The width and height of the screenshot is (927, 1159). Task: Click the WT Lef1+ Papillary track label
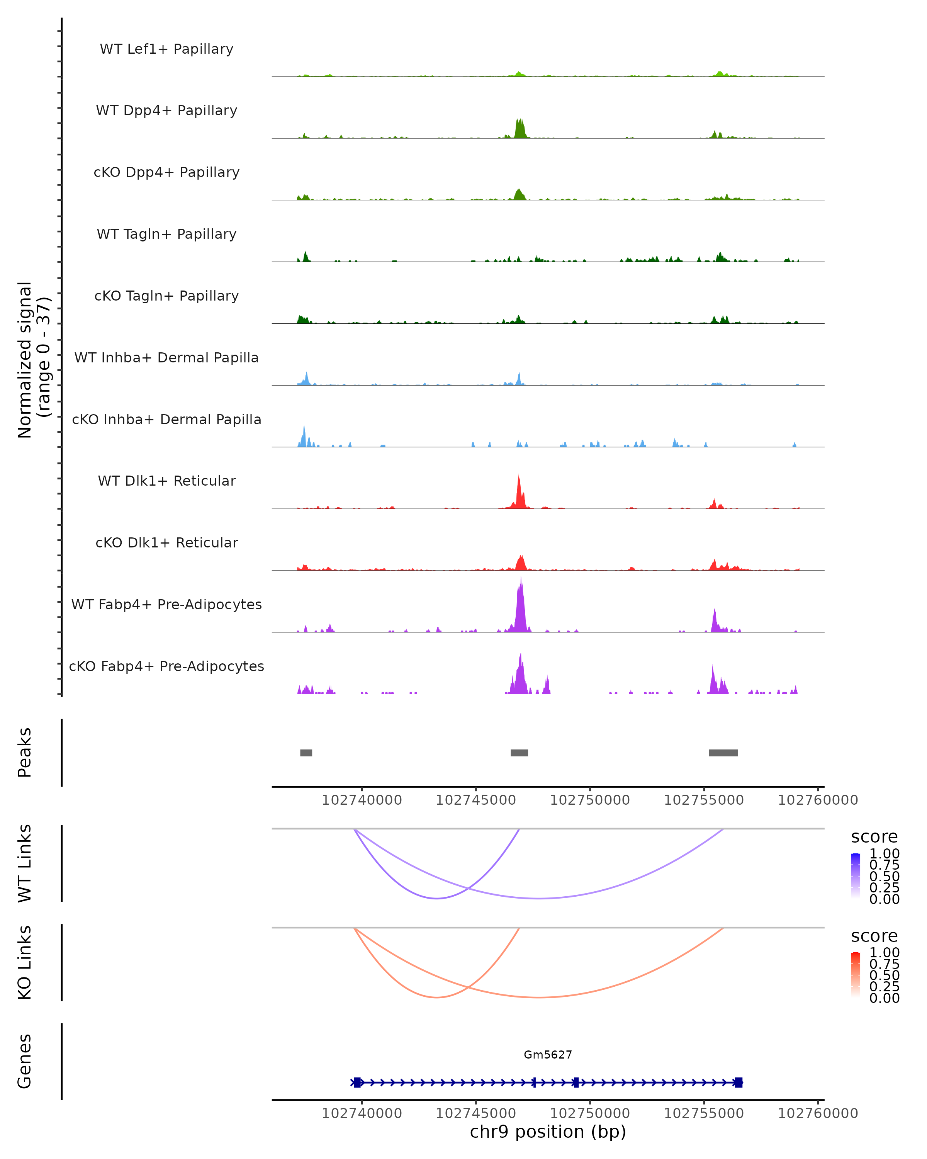click(x=166, y=49)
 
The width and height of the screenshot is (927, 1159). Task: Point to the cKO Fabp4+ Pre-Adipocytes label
click(x=166, y=666)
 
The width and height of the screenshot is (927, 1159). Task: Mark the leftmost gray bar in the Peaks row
click(x=306, y=753)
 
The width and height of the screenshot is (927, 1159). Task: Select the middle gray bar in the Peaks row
click(x=519, y=753)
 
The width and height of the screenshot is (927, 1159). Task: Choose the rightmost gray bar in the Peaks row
click(x=723, y=753)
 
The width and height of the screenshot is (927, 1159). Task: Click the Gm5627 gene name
click(x=548, y=1055)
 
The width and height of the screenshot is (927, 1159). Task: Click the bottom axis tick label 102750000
click(x=589, y=1113)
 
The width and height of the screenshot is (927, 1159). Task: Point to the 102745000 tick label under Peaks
click(x=475, y=800)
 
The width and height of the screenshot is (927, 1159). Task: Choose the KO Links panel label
click(x=25, y=963)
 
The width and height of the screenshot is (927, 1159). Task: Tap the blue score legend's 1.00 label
click(x=884, y=854)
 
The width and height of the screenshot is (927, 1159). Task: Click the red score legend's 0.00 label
click(x=884, y=998)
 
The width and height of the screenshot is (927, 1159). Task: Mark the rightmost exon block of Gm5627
click(x=739, y=1083)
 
